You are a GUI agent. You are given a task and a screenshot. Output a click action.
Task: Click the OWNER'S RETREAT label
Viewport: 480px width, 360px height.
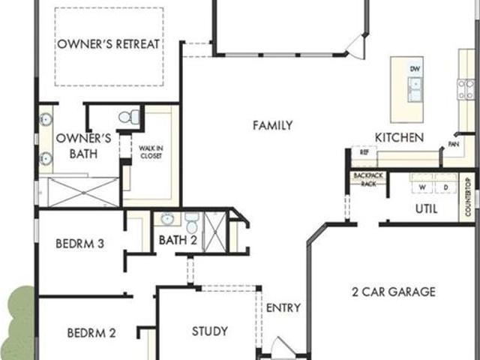point(108,44)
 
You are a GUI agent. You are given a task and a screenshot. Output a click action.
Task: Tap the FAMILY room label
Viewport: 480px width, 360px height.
point(272,125)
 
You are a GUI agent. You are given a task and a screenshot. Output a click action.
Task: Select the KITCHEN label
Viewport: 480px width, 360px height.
point(399,138)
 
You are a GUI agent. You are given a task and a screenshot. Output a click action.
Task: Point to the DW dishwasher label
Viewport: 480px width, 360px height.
point(415,69)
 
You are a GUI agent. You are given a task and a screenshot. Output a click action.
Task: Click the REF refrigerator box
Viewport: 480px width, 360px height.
point(364,152)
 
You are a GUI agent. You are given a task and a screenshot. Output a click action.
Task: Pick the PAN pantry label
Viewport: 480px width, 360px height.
point(453,144)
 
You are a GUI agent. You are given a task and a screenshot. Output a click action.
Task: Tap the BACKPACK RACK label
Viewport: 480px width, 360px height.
point(368,179)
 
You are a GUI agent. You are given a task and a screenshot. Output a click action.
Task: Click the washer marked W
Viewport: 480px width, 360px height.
point(422,187)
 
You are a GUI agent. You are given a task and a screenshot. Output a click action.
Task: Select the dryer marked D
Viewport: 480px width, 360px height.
point(445,187)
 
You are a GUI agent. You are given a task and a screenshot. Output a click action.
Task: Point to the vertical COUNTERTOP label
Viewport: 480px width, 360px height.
point(468,196)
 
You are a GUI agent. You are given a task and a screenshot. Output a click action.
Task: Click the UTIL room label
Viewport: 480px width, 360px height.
point(426,209)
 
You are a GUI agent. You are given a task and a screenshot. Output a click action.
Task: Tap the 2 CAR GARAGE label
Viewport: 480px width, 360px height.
point(394,292)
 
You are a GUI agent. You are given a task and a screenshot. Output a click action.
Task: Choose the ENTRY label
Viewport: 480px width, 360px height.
point(283,307)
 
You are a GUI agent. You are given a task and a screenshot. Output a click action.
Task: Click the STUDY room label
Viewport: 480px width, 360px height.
point(210,331)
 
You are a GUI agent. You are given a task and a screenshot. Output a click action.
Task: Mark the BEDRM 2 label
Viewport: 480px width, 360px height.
point(91,333)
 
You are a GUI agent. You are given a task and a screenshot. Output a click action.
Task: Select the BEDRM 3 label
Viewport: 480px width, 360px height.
point(80,244)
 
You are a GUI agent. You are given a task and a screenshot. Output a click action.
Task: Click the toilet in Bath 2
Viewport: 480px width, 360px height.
point(192,223)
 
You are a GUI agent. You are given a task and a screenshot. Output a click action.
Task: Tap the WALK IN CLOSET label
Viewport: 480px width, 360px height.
point(151,152)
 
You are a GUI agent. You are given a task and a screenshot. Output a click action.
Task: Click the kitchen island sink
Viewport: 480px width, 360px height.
point(415,89)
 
